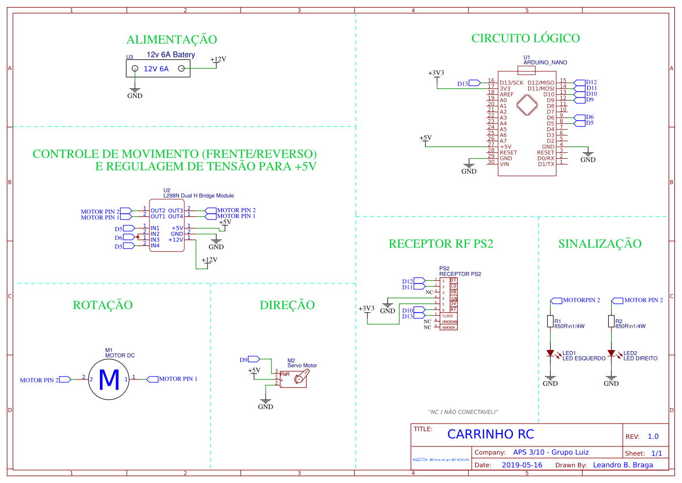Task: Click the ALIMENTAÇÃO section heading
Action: coord(171,40)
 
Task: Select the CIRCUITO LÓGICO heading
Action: coord(525,38)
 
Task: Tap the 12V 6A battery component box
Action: coord(158,69)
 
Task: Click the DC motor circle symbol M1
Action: coord(109,379)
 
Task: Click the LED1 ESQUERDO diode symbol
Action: coord(550,353)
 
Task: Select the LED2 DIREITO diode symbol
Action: coord(611,353)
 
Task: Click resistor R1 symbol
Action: coord(550,321)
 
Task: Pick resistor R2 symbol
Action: coord(611,321)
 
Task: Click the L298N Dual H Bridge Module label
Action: coord(198,196)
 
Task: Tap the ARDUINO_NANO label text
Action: coord(545,62)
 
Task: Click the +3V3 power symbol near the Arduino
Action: coord(436,74)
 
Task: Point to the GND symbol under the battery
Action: coord(135,94)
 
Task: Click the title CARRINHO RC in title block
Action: coord(490,435)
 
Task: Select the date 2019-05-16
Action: coord(521,465)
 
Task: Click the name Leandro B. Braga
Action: coord(624,465)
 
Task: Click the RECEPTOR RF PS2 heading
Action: coord(441,244)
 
